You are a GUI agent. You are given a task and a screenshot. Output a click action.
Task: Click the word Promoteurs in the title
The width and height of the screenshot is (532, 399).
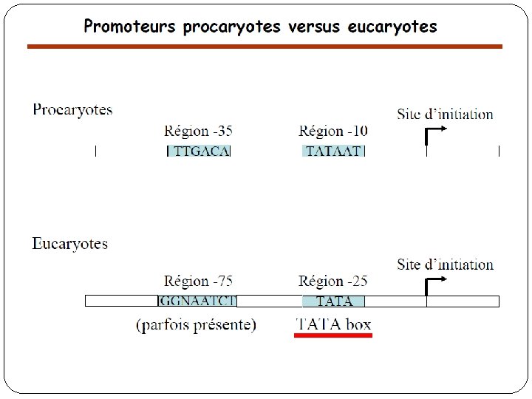click(130, 27)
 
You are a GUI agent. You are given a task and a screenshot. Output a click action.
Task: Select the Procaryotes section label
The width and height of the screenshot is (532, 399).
click(72, 110)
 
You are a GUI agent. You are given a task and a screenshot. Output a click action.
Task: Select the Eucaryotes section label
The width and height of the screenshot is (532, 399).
click(69, 244)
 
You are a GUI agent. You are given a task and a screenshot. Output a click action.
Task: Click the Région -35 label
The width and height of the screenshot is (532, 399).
click(198, 132)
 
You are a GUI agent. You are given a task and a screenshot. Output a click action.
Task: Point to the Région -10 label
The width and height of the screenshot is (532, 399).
click(332, 132)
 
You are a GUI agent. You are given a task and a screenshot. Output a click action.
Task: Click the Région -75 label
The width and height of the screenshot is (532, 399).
click(198, 282)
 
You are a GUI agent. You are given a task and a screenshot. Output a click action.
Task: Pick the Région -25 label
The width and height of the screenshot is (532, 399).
click(332, 282)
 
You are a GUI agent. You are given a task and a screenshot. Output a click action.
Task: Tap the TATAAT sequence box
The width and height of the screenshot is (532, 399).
click(333, 151)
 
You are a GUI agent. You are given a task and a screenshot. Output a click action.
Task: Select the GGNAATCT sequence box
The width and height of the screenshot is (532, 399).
click(197, 301)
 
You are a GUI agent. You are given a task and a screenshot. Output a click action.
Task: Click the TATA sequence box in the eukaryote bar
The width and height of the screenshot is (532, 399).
click(333, 301)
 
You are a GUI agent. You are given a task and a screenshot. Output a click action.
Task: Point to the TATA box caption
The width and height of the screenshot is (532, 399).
click(333, 324)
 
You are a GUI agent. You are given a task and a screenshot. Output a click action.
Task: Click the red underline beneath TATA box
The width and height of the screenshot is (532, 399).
click(333, 335)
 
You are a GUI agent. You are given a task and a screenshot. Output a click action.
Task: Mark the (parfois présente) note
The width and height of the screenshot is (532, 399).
click(196, 324)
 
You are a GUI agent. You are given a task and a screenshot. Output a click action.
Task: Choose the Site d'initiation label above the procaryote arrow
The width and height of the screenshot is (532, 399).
click(445, 115)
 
